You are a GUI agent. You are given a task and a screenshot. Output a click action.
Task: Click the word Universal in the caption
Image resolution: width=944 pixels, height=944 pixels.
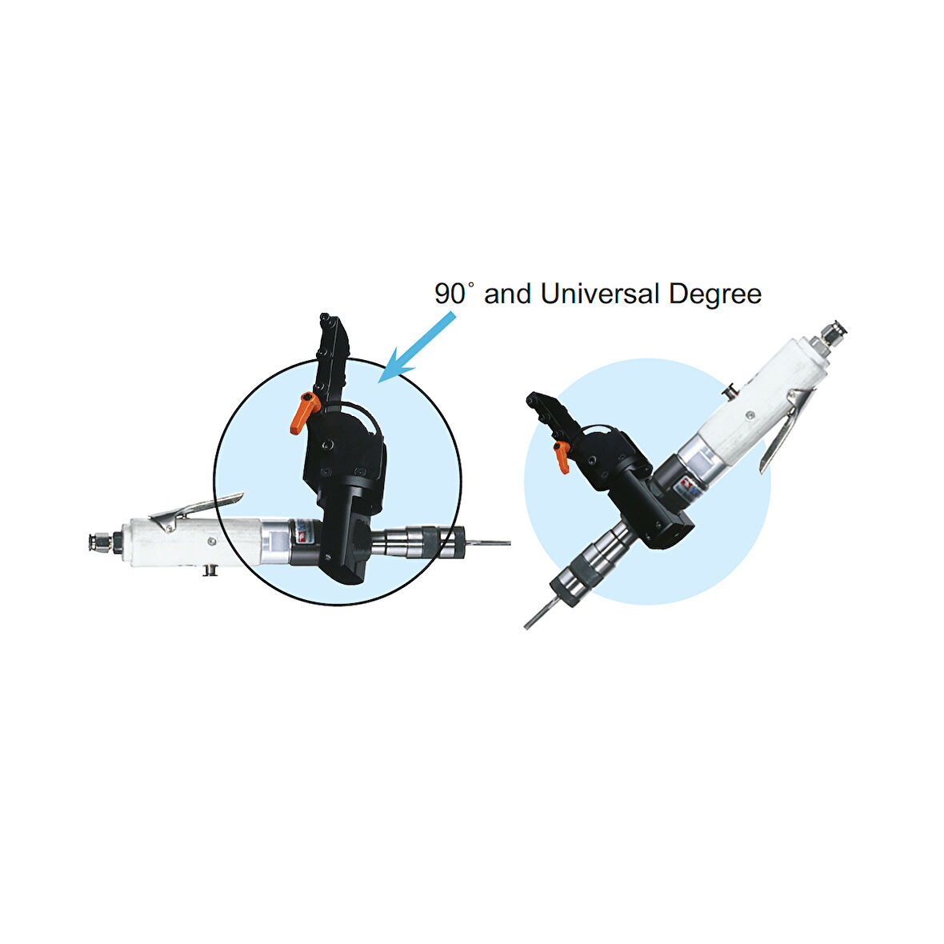point(600,294)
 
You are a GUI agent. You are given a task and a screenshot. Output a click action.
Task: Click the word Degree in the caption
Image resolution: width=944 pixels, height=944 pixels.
point(715,295)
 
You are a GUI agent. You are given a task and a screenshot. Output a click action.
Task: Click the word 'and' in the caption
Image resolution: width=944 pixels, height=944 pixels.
point(507,294)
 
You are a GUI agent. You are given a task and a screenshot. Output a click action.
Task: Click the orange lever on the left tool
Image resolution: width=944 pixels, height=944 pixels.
point(303,412)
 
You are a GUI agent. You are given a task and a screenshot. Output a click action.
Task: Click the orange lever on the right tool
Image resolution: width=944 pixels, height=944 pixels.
point(562,456)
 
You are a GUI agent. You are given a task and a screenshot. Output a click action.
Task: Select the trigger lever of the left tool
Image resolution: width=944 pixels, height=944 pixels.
point(196,510)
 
